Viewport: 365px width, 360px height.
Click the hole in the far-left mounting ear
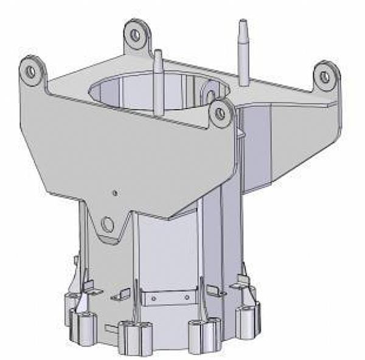[x=30, y=71]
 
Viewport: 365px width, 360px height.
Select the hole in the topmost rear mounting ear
[x=135, y=35]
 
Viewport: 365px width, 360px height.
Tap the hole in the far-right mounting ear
[x=325, y=77]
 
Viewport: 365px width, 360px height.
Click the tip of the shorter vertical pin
[x=158, y=53]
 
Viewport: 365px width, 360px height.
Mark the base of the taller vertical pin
[x=243, y=83]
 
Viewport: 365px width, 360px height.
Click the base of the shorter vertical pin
[x=159, y=113]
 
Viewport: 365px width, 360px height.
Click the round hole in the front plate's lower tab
[x=108, y=224]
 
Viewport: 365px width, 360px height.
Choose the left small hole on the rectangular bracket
[x=153, y=298]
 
